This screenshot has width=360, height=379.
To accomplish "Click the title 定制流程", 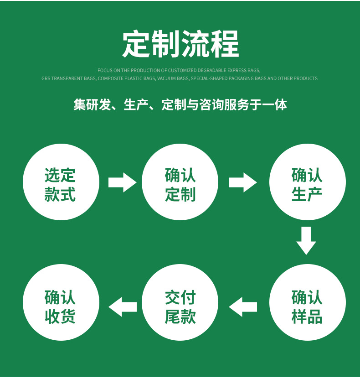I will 180,44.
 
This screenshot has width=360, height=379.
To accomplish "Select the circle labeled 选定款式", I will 61,182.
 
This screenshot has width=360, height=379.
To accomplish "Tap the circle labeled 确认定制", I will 180,182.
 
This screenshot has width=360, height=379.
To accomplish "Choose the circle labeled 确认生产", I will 307,182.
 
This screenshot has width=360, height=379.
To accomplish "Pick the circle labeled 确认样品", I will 307,303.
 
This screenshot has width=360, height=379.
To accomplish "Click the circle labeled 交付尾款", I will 180,303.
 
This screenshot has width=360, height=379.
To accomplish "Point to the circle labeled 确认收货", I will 61,303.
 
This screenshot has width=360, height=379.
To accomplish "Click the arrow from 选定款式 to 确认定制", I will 122,182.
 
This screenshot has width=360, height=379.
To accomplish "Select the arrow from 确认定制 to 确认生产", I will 242,182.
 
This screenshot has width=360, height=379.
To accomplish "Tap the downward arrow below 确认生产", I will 306,240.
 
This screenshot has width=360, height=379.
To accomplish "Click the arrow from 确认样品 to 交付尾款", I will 242,306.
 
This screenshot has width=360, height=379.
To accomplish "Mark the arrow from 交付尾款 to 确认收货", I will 123,306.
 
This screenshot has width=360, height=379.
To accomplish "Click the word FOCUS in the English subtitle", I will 104,70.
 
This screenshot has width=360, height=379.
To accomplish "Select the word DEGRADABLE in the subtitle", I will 212,70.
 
